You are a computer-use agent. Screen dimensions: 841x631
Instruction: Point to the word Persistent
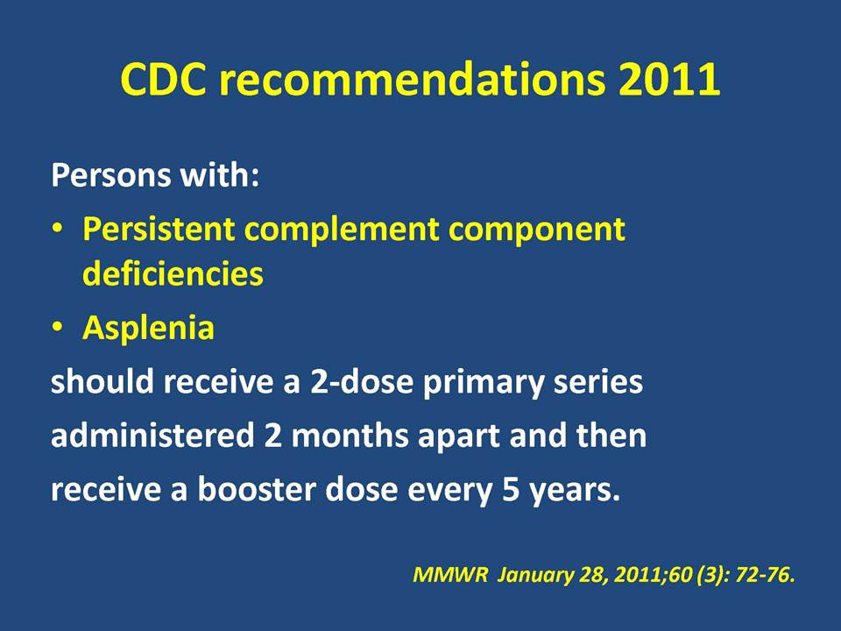[159, 229]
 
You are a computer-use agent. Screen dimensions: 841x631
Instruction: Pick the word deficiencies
[173, 273]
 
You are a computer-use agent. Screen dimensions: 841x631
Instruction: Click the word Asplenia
[149, 329]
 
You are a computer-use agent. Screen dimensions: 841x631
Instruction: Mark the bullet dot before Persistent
[57, 229]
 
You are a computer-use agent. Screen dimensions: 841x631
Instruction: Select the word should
[102, 381]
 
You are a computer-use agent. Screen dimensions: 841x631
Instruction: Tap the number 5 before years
[511, 491]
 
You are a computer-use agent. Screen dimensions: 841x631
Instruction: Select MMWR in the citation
[450, 575]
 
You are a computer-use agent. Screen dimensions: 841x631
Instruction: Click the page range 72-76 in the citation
[765, 575]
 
